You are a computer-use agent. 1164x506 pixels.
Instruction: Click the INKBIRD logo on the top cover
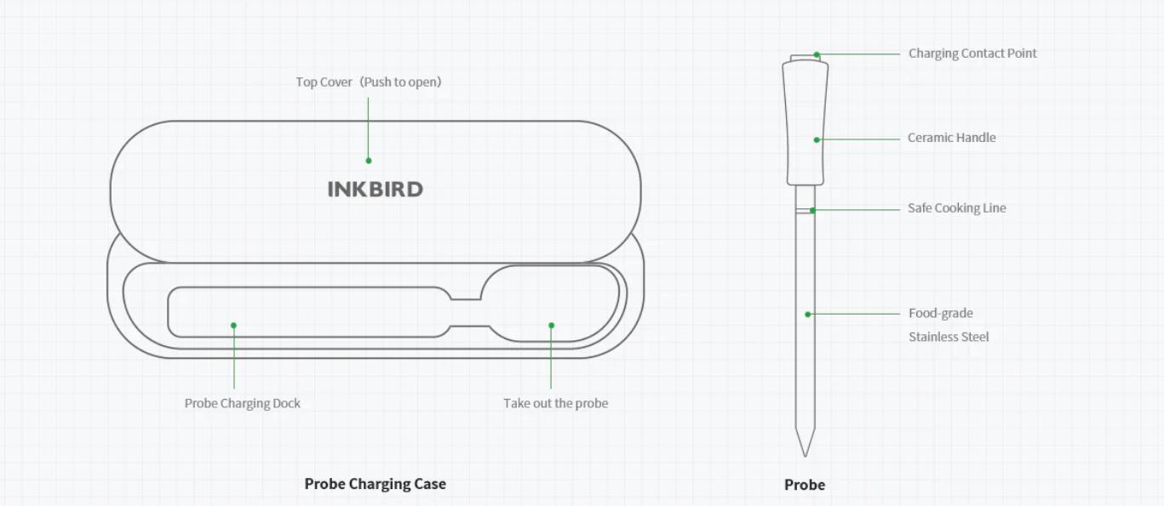tap(375, 189)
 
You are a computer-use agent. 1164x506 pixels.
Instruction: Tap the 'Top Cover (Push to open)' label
tap(369, 82)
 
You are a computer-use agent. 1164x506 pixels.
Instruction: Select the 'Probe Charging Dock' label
tap(243, 403)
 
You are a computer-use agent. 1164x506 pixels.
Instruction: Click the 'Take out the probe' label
tap(555, 403)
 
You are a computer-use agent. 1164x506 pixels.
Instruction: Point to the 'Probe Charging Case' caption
tap(375, 484)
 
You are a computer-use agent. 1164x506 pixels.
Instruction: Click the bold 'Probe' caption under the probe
tap(805, 485)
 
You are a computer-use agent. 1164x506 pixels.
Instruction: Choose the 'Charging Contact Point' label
tap(972, 54)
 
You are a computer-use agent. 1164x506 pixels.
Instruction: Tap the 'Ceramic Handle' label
tap(951, 138)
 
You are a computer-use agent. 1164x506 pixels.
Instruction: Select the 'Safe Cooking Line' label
tap(956, 208)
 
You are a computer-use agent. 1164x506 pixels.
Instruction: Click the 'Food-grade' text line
tap(940, 314)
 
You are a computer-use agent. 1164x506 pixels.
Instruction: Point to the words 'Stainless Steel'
tap(949, 337)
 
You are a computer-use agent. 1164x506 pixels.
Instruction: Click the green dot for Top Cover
tap(369, 160)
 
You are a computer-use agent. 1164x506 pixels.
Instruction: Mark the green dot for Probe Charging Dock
tap(233, 325)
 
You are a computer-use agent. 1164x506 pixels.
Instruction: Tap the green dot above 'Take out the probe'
tap(551, 325)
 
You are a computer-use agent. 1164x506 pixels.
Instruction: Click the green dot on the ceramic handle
tap(817, 139)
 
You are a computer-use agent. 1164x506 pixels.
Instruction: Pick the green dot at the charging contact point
tap(817, 54)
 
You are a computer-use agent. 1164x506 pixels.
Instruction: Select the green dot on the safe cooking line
tap(812, 210)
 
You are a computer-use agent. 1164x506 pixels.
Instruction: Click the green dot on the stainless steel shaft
tap(808, 315)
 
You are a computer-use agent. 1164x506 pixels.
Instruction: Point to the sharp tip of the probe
tap(805, 452)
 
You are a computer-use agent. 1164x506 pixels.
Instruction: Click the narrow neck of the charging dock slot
tap(465, 312)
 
